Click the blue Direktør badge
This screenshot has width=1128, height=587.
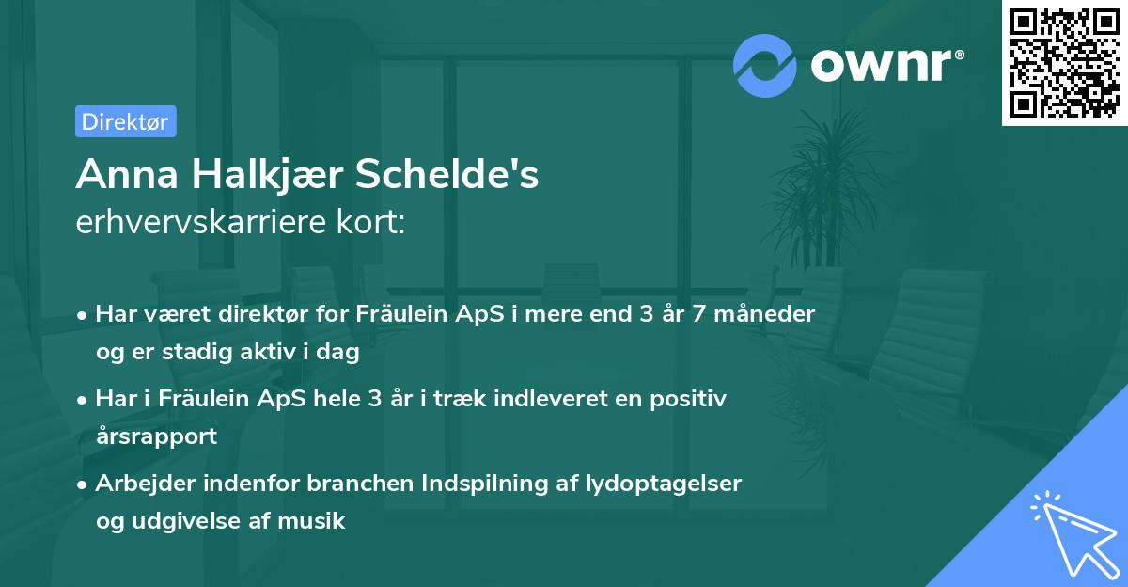126,121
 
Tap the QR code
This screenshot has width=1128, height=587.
1064,63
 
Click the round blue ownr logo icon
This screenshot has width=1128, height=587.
764,66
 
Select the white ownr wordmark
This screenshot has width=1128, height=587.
887,65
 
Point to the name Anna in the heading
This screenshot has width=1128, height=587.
127,174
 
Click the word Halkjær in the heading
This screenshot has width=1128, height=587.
267,175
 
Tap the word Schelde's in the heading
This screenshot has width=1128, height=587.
447,174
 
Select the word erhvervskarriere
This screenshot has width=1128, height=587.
200,222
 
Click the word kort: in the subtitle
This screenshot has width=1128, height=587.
371,222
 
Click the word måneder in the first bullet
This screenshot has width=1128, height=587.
764,313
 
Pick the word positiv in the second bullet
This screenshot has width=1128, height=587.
688,400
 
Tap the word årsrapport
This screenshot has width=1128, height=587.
156,436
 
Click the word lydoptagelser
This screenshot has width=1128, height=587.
664,484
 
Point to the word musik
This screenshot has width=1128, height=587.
311,520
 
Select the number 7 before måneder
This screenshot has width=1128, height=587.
698,314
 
